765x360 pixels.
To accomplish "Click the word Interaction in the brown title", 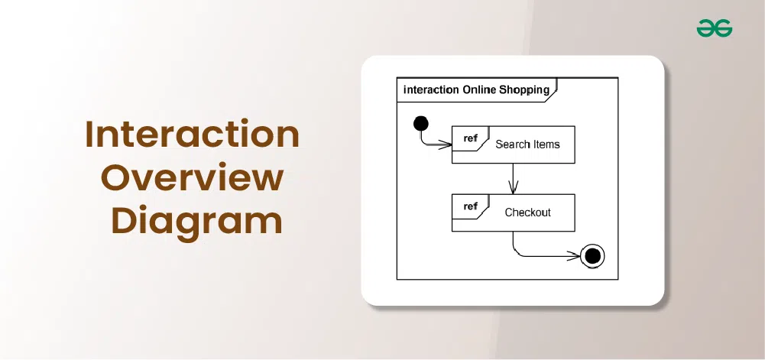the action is (193, 135).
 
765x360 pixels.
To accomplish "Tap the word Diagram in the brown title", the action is (197, 222).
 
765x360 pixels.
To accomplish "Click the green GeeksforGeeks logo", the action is (715, 28).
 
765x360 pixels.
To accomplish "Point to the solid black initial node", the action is (420, 123).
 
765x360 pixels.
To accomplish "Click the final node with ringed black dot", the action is (592, 255).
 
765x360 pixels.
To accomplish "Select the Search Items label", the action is (527, 144).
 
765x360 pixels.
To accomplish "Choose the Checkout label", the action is (527, 212).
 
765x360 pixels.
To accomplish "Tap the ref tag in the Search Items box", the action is (470, 138).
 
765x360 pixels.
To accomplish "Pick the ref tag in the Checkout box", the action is (470, 206).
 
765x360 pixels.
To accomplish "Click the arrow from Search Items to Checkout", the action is (513, 179).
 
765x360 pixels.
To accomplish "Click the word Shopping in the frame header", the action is (524, 90).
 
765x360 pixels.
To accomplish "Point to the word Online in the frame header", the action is (479, 89).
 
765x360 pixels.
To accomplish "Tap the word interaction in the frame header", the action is (431, 89).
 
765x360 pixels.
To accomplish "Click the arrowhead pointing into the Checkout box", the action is (513, 187).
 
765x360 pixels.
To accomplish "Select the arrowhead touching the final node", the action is (574, 255).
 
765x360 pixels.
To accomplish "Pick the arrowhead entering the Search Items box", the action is (445, 144).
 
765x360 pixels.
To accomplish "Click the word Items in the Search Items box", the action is (543, 144).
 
